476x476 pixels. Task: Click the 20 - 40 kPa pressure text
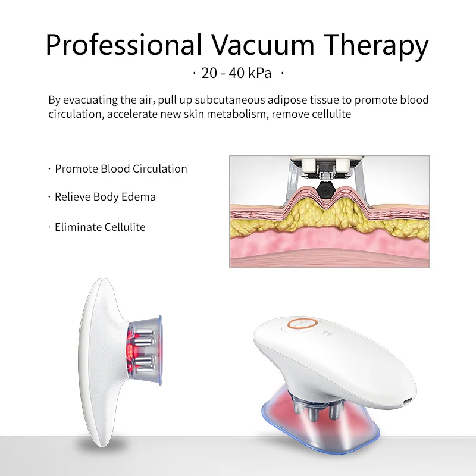[x=236, y=74]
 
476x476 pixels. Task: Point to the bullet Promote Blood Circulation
[x=121, y=169]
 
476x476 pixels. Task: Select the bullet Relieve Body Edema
[x=105, y=197]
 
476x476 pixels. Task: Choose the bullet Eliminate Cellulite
[x=100, y=227]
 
